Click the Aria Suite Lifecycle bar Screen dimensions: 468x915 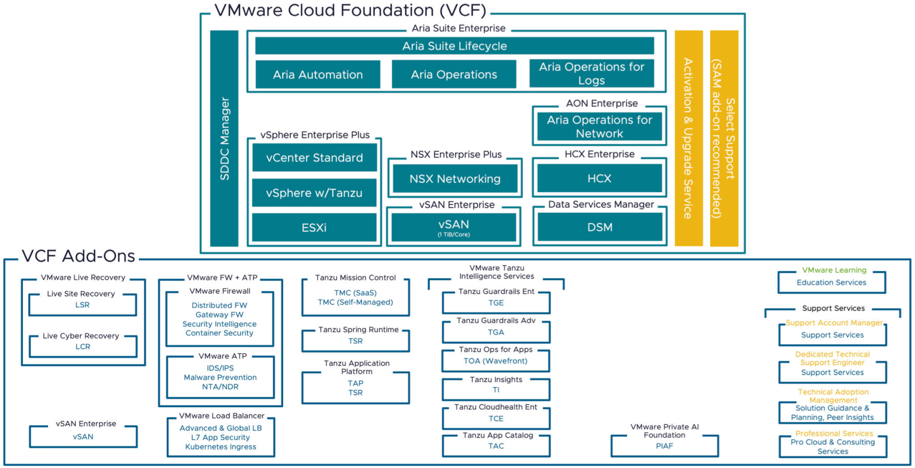click(x=454, y=46)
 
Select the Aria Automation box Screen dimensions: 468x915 click(x=318, y=75)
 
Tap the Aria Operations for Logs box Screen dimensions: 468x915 click(x=591, y=73)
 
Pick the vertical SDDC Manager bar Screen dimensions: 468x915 click(x=224, y=138)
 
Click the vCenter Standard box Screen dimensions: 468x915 click(x=314, y=158)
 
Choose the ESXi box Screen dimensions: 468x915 click(x=314, y=227)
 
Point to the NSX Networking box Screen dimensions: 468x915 click(x=455, y=178)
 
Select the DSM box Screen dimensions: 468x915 click(x=600, y=227)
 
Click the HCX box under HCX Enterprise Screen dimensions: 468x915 click(x=599, y=178)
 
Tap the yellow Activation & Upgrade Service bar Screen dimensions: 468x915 click(x=688, y=138)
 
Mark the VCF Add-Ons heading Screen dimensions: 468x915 click(x=78, y=256)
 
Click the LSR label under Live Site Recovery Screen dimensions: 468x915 click(x=82, y=305)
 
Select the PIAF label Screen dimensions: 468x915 click(x=664, y=446)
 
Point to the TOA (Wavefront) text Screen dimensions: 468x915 click(x=496, y=361)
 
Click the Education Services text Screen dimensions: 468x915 click(x=831, y=282)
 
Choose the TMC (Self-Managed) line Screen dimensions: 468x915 click(x=355, y=302)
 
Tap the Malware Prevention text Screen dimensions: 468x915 click(x=220, y=377)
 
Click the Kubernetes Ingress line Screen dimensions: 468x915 click(x=221, y=447)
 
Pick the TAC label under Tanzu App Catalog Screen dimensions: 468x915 click(x=496, y=446)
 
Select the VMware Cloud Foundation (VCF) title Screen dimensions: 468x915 click(x=350, y=10)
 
